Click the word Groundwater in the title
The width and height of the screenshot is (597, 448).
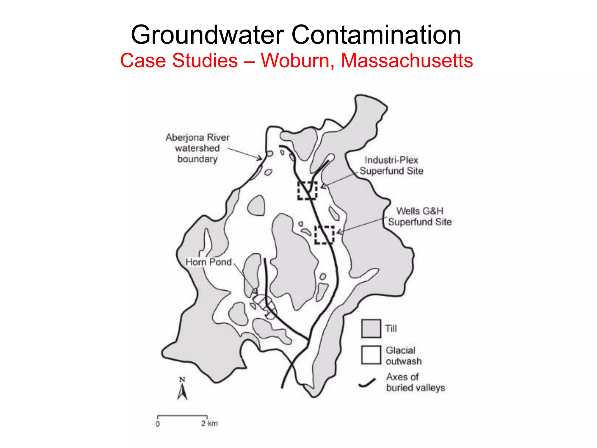[207, 35]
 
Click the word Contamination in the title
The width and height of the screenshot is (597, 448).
[376, 35]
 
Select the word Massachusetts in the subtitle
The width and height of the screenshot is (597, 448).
[407, 61]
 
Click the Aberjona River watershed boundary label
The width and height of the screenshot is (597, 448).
[197, 148]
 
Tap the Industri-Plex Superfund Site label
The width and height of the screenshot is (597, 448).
[391, 165]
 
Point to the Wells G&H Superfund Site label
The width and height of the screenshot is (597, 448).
[419, 216]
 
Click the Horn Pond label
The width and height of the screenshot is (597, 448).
[208, 262]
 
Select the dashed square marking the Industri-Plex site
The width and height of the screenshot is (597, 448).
[307, 190]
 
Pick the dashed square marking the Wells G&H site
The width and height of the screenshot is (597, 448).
[324, 235]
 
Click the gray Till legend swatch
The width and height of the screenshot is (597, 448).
[371, 328]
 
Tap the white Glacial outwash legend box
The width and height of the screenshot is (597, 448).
[371, 355]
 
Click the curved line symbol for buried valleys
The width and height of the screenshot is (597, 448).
[367, 383]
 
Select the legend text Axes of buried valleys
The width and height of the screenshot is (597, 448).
[415, 382]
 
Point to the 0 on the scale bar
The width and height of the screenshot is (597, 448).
[158, 423]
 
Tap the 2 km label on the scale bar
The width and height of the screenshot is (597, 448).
[209, 423]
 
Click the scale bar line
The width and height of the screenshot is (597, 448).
[182, 416]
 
